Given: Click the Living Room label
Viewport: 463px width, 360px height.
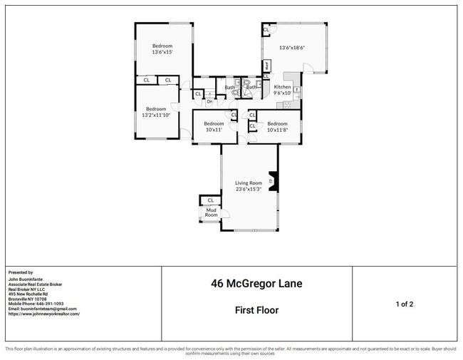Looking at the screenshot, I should (x=249, y=183).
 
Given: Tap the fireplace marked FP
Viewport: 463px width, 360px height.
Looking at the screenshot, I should (x=271, y=182).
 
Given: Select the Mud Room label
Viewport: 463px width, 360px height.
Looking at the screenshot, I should (x=211, y=212).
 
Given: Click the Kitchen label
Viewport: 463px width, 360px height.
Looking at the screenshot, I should (x=283, y=87).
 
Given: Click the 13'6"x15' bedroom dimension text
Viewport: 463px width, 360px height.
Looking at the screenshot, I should (x=162, y=52).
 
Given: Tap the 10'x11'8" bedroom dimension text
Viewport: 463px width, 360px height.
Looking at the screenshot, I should (x=278, y=129).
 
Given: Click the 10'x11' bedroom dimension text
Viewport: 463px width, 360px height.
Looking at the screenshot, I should (x=214, y=129).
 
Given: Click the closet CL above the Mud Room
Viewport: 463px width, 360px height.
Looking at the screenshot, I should (x=211, y=200).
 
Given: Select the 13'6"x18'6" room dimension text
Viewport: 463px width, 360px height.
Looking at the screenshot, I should (x=292, y=48).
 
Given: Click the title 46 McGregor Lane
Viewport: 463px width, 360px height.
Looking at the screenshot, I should (x=256, y=284).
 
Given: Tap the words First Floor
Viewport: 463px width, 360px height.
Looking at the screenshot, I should (x=256, y=310).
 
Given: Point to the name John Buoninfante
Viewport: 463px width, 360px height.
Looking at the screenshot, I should (x=30, y=279).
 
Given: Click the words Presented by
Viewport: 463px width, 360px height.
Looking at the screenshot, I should (x=21, y=272).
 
